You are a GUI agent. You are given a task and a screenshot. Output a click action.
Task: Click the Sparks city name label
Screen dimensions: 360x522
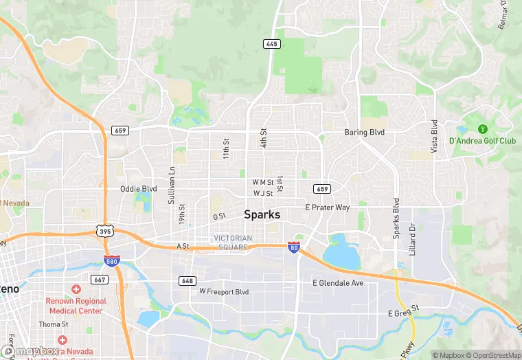click(262, 214)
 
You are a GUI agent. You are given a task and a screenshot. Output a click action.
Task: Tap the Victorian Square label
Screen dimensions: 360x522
click(233, 243)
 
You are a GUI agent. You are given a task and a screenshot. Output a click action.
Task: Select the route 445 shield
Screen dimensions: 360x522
click(271, 44)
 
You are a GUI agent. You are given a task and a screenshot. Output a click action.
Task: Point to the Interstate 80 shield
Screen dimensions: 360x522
click(294, 247)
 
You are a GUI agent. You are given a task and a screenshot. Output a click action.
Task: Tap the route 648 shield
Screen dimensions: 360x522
click(187, 281)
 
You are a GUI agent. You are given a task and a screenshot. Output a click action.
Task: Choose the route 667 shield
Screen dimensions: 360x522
click(100, 280)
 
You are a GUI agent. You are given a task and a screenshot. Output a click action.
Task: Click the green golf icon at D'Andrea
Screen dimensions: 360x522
click(481, 128)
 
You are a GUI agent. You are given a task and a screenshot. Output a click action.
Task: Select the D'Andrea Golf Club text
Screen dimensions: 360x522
click(482, 141)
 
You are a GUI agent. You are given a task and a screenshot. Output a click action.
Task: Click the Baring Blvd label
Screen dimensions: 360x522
click(364, 132)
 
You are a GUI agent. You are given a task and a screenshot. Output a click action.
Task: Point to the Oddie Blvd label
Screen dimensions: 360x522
click(139, 188)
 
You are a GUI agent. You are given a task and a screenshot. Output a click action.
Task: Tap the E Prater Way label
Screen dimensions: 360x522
click(328, 207)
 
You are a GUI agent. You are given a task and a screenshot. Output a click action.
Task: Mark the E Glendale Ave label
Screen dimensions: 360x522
click(338, 283)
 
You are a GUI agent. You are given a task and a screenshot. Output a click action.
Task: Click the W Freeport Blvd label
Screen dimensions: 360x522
click(224, 291)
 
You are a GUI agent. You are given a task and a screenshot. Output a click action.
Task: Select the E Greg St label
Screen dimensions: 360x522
click(403, 313)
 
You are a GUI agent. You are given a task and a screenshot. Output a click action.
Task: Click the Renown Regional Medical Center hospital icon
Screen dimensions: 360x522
click(76, 289)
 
